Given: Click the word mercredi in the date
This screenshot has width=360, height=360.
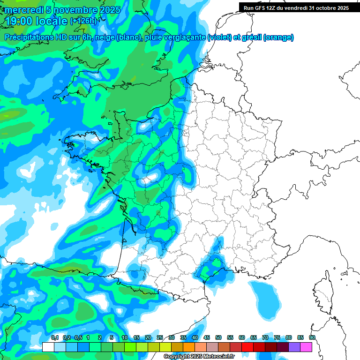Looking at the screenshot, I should pyautogui.click(x=24, y=10).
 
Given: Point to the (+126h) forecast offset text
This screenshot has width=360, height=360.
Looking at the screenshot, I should pyautogui.click(x=83, y=21).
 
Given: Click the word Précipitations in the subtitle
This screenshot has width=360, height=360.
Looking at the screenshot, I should pyautogui.click(x=28, y=37).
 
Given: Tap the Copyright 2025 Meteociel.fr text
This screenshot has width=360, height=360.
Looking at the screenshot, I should pyautogui.click(x=199, y=357).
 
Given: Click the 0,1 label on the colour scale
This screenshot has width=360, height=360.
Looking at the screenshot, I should pyautogui.click(x=54, y=338).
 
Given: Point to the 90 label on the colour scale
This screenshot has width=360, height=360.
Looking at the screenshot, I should pyautogui.click(x=312, y=338).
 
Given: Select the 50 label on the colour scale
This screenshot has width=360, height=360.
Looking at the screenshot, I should pyautogui.click(x=218, y=338).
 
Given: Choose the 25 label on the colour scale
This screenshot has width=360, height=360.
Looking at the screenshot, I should pyautogui.click(x=160, y=338).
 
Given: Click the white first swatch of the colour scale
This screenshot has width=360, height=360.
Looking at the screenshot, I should pyautogui.click(x=48, y=347).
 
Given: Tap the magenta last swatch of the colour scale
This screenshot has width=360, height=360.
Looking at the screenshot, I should pyautogui.click(x=306, y=347).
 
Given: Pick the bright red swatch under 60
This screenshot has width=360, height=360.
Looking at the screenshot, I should pyautogui.click(x=247, y=347).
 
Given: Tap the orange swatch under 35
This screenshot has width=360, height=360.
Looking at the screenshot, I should pyautogui.click(x=189, y=347).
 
